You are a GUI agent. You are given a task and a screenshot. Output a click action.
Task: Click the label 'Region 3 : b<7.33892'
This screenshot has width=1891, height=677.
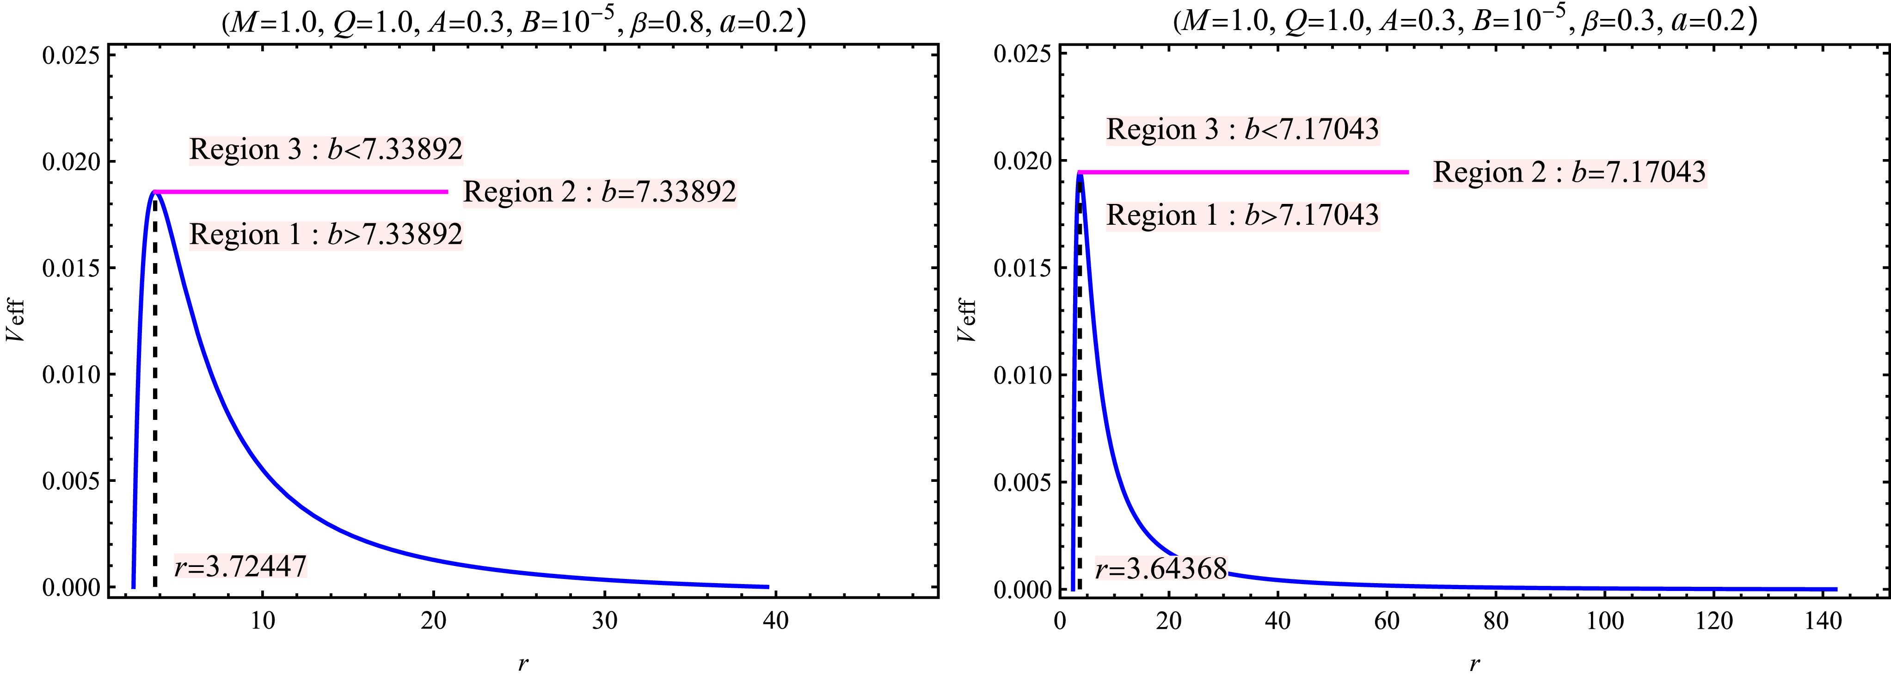click(x=326, y=149)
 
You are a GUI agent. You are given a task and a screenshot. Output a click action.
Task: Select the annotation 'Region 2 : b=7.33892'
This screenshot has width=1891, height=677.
click(x=599, y=191)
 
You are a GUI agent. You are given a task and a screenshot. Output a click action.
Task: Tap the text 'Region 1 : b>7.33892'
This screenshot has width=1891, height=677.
click(x=326, y=235)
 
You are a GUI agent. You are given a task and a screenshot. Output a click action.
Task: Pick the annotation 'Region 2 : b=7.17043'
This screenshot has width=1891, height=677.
click(x=1570, y=172)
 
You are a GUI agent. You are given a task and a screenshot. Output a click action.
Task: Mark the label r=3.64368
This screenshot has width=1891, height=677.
click(x=1160, y=569)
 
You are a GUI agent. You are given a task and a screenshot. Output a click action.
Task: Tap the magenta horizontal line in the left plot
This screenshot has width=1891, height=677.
click(x=301, y=191)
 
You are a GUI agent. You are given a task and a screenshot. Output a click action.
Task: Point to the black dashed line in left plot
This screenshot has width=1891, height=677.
click(x=155, y=404)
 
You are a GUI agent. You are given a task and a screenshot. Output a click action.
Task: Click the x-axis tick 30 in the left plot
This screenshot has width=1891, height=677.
click(x=605, y=621)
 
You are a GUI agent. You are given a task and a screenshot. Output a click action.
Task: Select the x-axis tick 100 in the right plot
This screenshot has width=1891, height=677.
click(x=1605, y=621)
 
